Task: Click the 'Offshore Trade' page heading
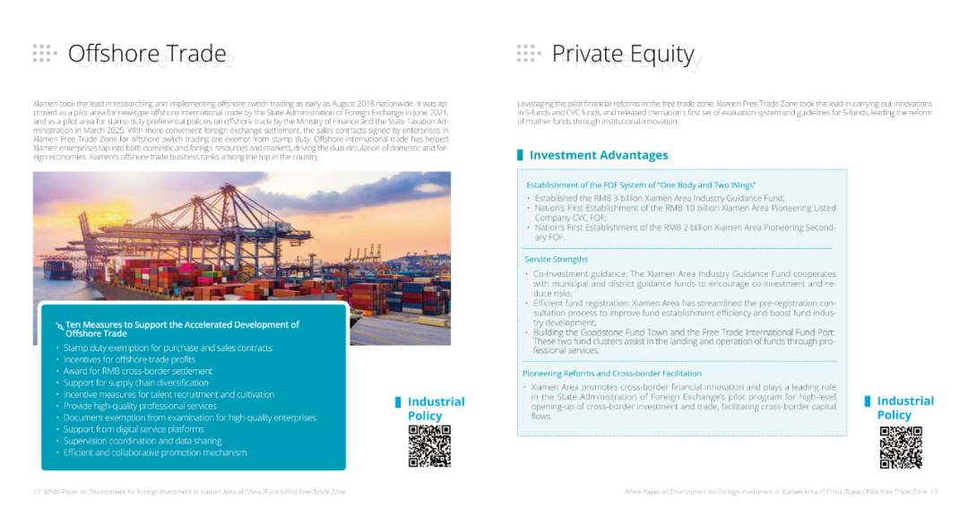(147, 54)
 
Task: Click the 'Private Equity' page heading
(623, 54)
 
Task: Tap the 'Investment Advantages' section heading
(598, 155)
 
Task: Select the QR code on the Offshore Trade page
(429, 446)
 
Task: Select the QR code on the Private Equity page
(900, 447)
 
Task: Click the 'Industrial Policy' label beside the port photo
(436, 409)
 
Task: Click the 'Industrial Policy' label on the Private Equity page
(904, 408)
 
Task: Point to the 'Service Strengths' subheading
(556, 259)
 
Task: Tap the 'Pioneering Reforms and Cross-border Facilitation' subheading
(612, 373)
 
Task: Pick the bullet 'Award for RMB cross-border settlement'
(137, 371)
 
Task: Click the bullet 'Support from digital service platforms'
(133, 429)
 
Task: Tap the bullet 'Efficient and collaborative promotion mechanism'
(154, 452)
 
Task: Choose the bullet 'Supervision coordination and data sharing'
(142, 441)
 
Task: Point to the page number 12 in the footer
(37, 492)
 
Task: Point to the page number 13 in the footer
(933, 492)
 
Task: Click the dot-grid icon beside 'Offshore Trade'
(44, 53)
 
